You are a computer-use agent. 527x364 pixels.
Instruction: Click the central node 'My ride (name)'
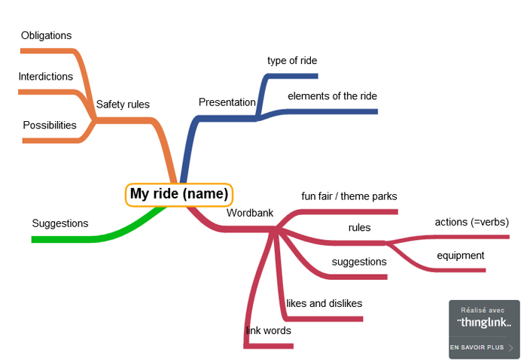coord(179,194)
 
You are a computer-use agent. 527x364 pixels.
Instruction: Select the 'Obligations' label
coord(46,35)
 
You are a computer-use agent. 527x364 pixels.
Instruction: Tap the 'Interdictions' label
coord(46,77)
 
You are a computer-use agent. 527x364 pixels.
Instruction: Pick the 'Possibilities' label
coord(50,125)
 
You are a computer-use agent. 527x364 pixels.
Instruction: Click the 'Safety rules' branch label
coord(123,105)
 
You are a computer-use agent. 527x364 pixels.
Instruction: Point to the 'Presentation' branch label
coord(227,102)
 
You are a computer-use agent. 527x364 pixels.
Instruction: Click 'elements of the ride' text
coord(332,96)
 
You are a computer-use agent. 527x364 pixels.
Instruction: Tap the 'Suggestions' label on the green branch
coord(60,223)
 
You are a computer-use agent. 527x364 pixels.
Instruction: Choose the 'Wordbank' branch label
coord(250,212)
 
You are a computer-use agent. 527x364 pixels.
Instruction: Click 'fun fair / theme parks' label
coord(349,196)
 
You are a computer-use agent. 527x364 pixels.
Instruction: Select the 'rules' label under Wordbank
coord(359,228)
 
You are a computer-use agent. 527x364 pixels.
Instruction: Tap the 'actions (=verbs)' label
coord(472,222)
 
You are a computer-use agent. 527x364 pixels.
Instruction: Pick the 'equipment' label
coord(461,256)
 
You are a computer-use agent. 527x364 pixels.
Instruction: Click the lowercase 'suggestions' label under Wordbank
coord(359,262)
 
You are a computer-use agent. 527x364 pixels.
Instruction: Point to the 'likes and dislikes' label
coord(324,303)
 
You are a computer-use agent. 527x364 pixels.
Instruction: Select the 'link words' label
coord(269,330)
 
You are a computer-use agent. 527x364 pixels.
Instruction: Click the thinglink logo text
coord(485,323)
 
